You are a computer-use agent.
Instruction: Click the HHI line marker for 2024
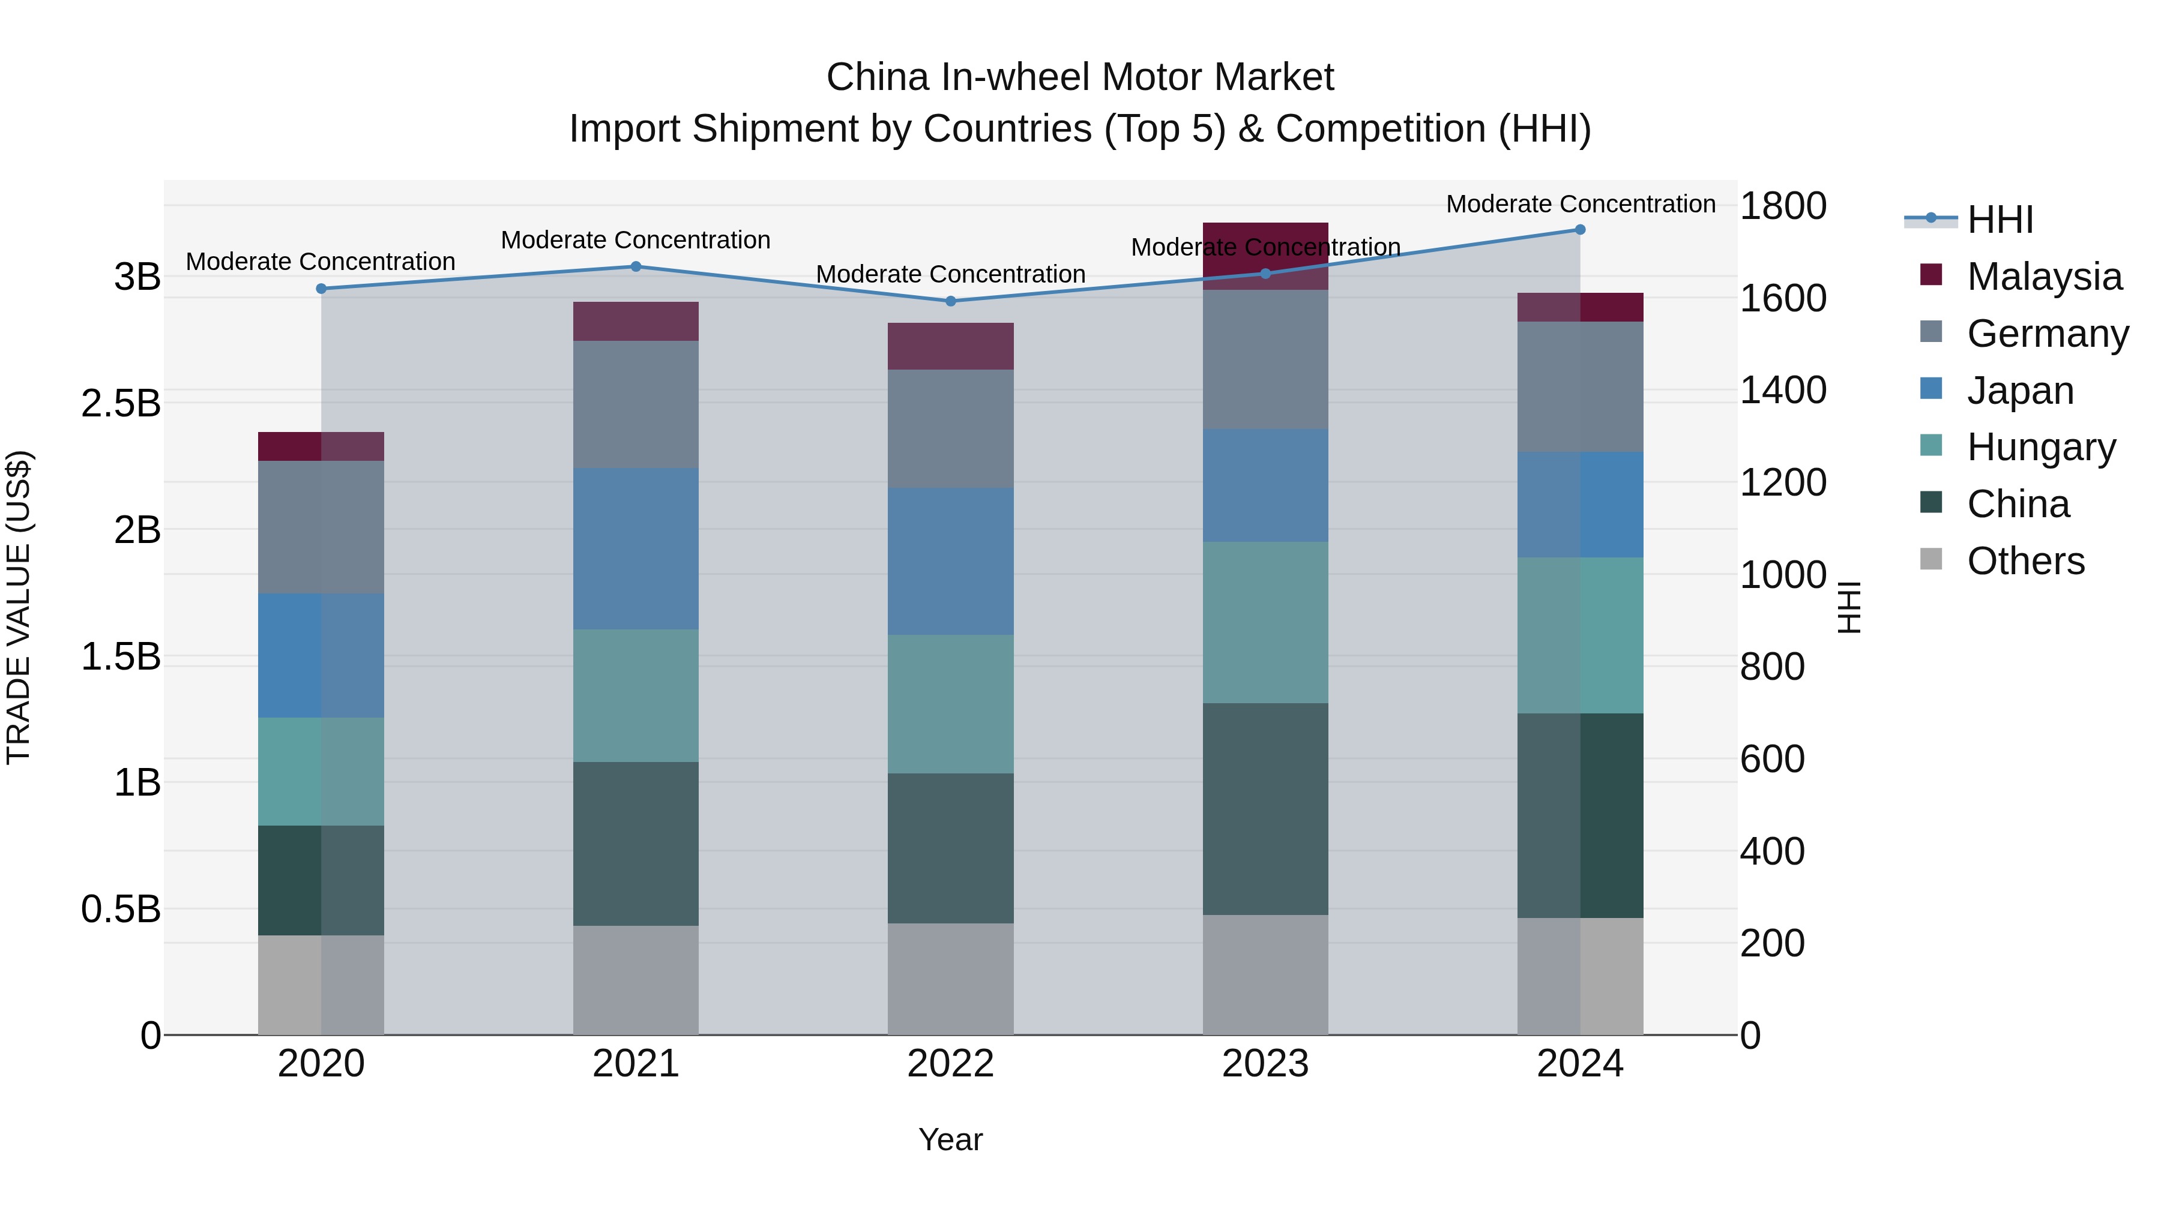tap(1580, 230)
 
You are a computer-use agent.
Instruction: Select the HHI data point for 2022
tap(950, 301)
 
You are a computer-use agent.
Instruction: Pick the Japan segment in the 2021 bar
tap(636, 548)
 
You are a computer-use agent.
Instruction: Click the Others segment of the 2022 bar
tap(950, 979)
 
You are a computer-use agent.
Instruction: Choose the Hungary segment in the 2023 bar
tap(1265, 622)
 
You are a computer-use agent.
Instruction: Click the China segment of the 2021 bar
tap(636, 844)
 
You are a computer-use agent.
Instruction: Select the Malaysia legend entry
tap(2043, 277)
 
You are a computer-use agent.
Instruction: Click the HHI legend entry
tap(2000, 220)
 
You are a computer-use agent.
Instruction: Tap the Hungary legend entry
tap(2040, 448)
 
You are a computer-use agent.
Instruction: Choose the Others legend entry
tap(2025, 561)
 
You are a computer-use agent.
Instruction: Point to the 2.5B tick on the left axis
tap(121, 403)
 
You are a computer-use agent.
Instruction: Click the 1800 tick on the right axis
tap(1783, 206)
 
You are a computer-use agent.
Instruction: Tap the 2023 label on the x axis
tap(1265, 1064)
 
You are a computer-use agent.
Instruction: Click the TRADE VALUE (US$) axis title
tap(19, 607)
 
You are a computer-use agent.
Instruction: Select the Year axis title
tap(950, 1139)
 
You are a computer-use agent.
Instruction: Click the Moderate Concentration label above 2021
tap(636, 241)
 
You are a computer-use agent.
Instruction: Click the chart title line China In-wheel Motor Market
tap(1080, 77)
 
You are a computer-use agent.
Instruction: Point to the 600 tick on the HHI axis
tap(1772, 759)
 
